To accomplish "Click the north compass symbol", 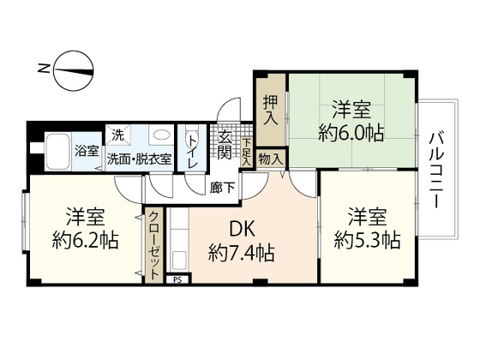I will pyautogui.click(x=72, y=69).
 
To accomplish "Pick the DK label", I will pyautogui.click(x=241, y=230).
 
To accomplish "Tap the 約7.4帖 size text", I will pyautogui.click(x=241, y=254).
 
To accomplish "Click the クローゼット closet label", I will pyautogui.click(x=153, y=245).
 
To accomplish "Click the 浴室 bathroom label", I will pyautogui.click(x=86, y=152).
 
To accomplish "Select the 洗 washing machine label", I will pyautogui.click(x=119, y=135).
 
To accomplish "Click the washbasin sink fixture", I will pyautogui.click(x=159, y=138).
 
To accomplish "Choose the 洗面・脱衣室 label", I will pyautogui.click(x=139, y=159).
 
